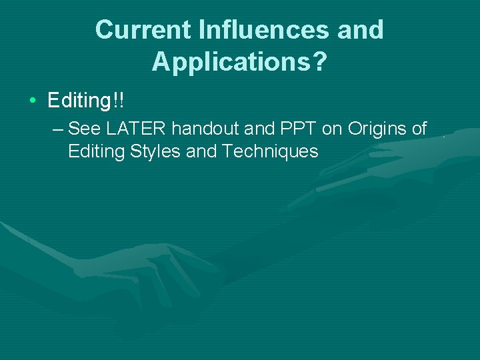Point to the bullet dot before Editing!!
coord(33,102)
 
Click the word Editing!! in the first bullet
coord(86,101)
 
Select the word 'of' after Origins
coord(419,128)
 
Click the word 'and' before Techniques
coord(202,151)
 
